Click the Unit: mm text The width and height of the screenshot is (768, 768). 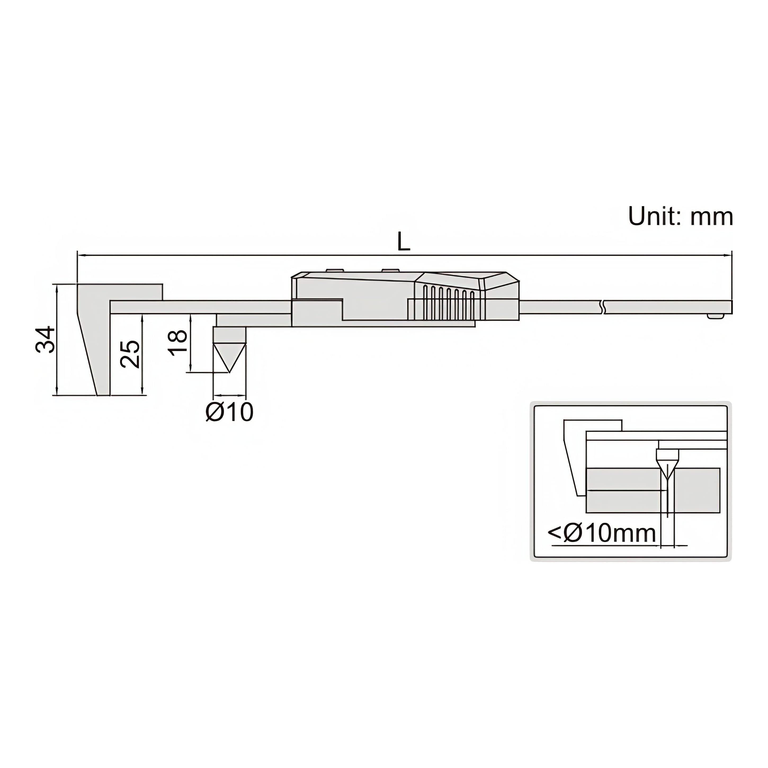(x=680, y=217)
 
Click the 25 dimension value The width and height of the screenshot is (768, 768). (x=130, y=354)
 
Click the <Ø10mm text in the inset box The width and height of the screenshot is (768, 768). (x=602, y=533)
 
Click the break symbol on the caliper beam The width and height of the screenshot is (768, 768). (x=604, y=307)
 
